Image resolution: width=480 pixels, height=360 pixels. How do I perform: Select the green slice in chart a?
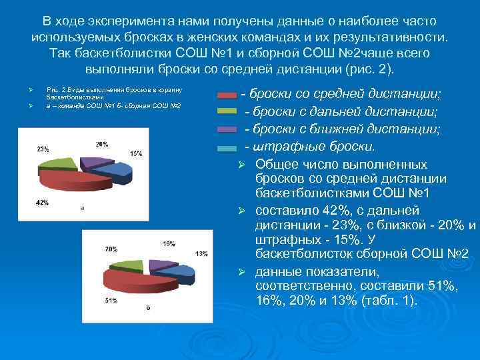58,162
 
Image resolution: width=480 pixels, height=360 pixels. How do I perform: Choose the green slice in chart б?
125,265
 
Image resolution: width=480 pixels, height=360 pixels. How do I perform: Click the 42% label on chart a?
42,202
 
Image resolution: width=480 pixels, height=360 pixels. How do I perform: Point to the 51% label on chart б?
111,301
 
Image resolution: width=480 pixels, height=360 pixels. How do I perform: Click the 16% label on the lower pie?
169,243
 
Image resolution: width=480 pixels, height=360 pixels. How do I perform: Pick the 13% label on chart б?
201,253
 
